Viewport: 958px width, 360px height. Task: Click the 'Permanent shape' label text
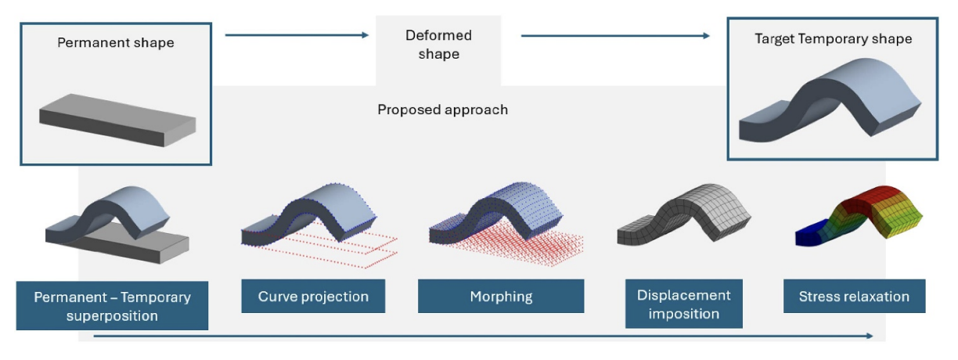[116, 42]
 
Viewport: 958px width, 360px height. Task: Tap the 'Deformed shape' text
[438, 45]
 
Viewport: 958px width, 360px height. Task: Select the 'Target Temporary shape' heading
[833, 38]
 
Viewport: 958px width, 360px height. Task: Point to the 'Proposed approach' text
[442, 110]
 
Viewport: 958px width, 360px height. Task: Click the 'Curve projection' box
[313, 297]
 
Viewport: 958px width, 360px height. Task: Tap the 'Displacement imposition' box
[683, 304]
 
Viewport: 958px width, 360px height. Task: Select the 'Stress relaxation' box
[854, 297]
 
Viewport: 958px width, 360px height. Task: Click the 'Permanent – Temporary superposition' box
[112, 305]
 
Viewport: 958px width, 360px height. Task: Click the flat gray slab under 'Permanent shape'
[117, 121]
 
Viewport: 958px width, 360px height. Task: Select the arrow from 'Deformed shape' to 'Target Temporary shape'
[615, 35]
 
